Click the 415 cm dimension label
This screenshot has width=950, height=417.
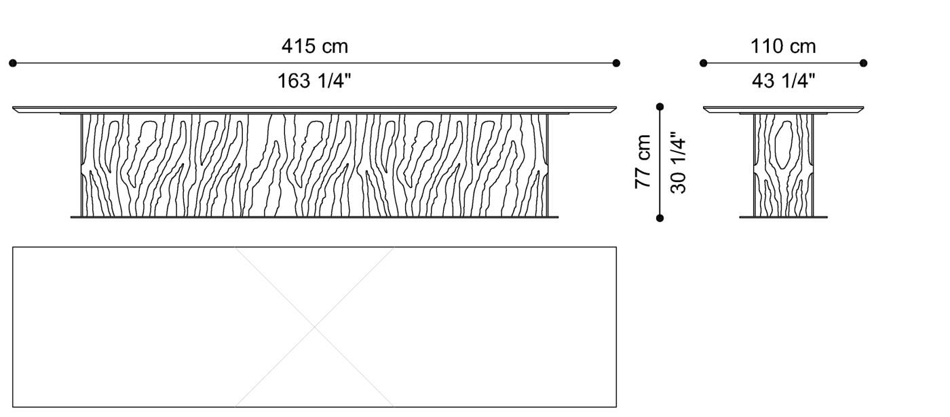pos(314,46)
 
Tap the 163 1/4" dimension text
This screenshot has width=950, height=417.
pos(314,81)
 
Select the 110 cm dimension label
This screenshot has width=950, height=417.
pos(783,46)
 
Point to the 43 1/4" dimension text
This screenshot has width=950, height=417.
pos(783,81)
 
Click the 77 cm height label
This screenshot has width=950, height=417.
pos(643,162)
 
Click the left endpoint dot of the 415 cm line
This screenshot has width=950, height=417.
pos(13,63)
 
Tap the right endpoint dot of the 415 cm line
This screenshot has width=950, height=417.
pos(616,63)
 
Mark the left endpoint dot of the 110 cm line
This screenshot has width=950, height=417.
pos(704,63)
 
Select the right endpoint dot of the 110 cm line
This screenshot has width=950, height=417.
pos(863,63)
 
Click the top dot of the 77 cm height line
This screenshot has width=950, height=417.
pos(660,107)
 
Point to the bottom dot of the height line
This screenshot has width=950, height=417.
pos(660,218)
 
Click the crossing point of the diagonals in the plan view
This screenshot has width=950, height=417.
pos(315,327)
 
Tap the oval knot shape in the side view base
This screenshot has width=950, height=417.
pos(783,146)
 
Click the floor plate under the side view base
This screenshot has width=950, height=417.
pos(783,217)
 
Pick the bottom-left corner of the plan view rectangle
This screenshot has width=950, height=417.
pos(14,407)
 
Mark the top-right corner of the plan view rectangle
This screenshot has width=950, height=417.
pos(616,247)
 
